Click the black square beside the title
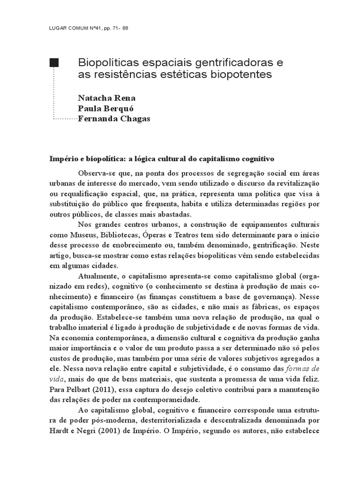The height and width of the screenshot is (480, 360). [54, 63]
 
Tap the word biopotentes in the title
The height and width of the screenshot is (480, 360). [244, 75]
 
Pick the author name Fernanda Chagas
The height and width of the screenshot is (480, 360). [114, 119]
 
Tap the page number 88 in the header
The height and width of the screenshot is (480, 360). [125, 28]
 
